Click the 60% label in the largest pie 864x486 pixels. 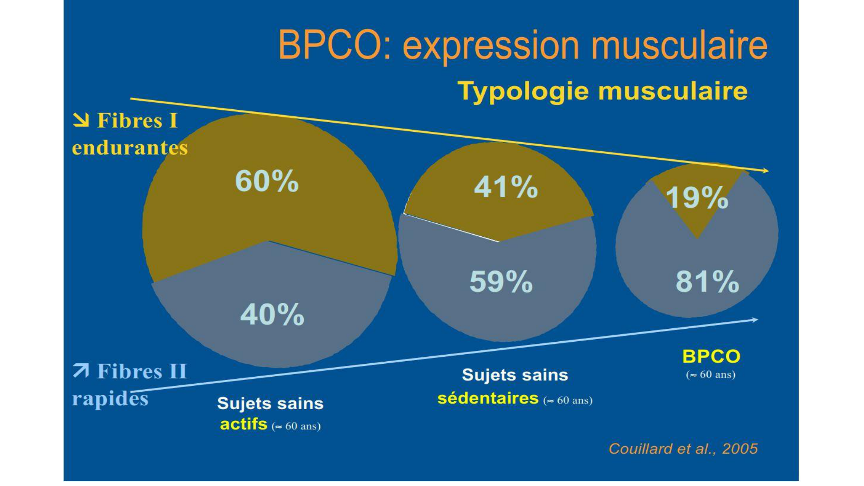click(267, 181)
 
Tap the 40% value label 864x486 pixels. click(272, 314)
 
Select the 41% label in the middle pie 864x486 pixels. click(506, 187)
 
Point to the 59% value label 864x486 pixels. click(501, 281)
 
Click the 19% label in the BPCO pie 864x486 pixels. click(697, 197)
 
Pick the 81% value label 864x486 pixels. click(707, 281)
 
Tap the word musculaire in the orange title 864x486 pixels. click(679, 45)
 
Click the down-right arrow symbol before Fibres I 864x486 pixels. click(81, 120)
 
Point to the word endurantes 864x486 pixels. click(130, 148)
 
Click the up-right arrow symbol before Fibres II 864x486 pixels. click(81, 371)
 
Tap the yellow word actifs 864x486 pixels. click(244, 425)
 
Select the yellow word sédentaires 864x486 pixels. click(488, 398)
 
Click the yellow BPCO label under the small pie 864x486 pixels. click(711, 357)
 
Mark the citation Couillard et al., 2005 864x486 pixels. click(683, 449)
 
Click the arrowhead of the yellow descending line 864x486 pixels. click(766, 171)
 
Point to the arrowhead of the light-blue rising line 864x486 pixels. click(754, 320)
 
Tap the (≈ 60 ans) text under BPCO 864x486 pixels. click(711, 375)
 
